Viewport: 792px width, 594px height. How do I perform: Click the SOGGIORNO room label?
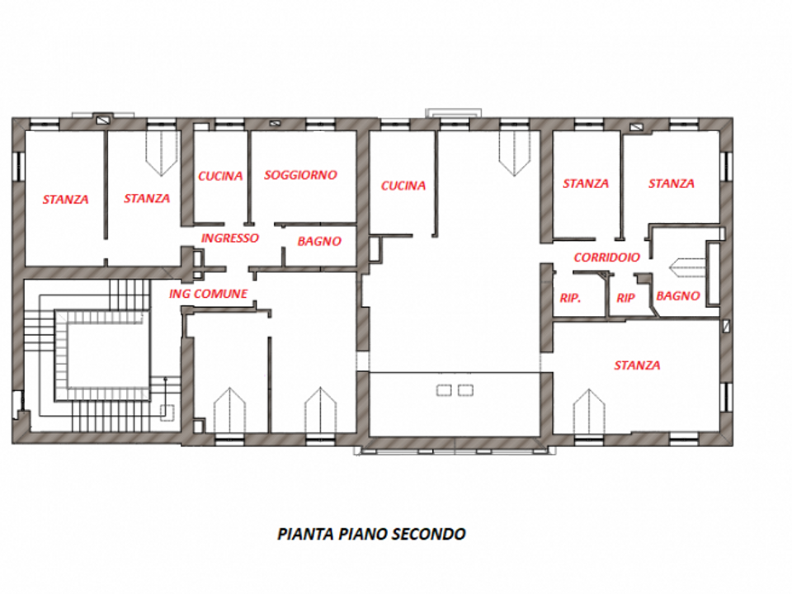300,175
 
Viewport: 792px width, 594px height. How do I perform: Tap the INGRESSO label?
230,238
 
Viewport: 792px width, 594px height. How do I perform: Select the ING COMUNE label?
208,294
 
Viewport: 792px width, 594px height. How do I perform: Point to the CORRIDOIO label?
606,257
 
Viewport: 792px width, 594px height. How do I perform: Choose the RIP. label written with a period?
570,299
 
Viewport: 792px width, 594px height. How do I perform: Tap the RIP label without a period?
625,299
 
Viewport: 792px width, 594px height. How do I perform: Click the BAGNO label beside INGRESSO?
319,242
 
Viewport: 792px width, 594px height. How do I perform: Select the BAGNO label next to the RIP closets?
678,296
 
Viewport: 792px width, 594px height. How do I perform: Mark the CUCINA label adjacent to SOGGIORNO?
220,177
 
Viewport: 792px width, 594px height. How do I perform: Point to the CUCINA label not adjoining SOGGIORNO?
403,186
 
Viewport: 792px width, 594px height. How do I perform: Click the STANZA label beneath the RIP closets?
637,365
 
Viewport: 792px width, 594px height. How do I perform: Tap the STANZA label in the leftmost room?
65,200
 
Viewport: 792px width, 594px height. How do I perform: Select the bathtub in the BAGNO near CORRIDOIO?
713,273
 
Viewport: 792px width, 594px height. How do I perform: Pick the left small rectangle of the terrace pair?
444,390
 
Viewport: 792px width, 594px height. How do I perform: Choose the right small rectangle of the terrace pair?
465,390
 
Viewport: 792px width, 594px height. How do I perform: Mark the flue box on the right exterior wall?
727,326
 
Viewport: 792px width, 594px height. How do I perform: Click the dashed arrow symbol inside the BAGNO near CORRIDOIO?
687,267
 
